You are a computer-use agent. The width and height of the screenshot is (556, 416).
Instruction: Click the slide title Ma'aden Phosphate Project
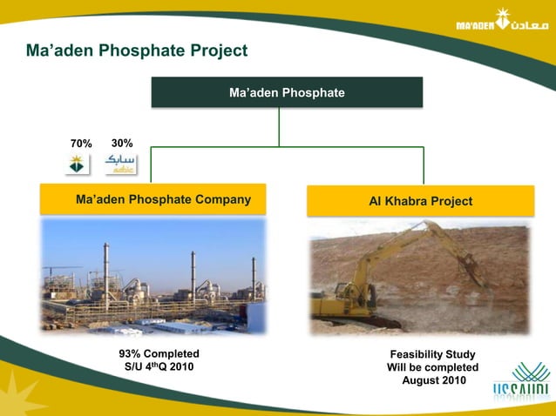[x=137, y=51]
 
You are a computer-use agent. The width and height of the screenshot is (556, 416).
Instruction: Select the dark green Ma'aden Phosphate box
[x=287, y=92]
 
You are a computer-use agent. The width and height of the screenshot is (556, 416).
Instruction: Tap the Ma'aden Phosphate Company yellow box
[x=153, y=199]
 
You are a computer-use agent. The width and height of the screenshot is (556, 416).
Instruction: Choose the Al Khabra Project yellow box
[x=420, y=201]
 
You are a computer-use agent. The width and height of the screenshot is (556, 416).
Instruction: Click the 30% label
[x=122, y=143]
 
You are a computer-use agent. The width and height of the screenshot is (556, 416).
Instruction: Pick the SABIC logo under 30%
[x=120, y=164]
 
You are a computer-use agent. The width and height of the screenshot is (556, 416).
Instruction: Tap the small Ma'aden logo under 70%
[x=78, y=164]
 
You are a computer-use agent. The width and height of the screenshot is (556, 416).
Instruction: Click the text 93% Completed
[x=159, y=353]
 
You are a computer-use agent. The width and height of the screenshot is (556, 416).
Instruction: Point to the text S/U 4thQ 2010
[x=159, y=367]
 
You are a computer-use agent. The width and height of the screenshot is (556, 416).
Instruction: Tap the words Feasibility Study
[x=432, y=354]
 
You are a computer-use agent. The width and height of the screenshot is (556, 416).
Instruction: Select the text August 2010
[x=433, y=381]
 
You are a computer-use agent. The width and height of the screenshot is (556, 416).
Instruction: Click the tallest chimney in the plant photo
[x=106, y=270]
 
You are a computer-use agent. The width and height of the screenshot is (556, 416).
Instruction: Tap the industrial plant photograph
[x=153, y=276]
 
